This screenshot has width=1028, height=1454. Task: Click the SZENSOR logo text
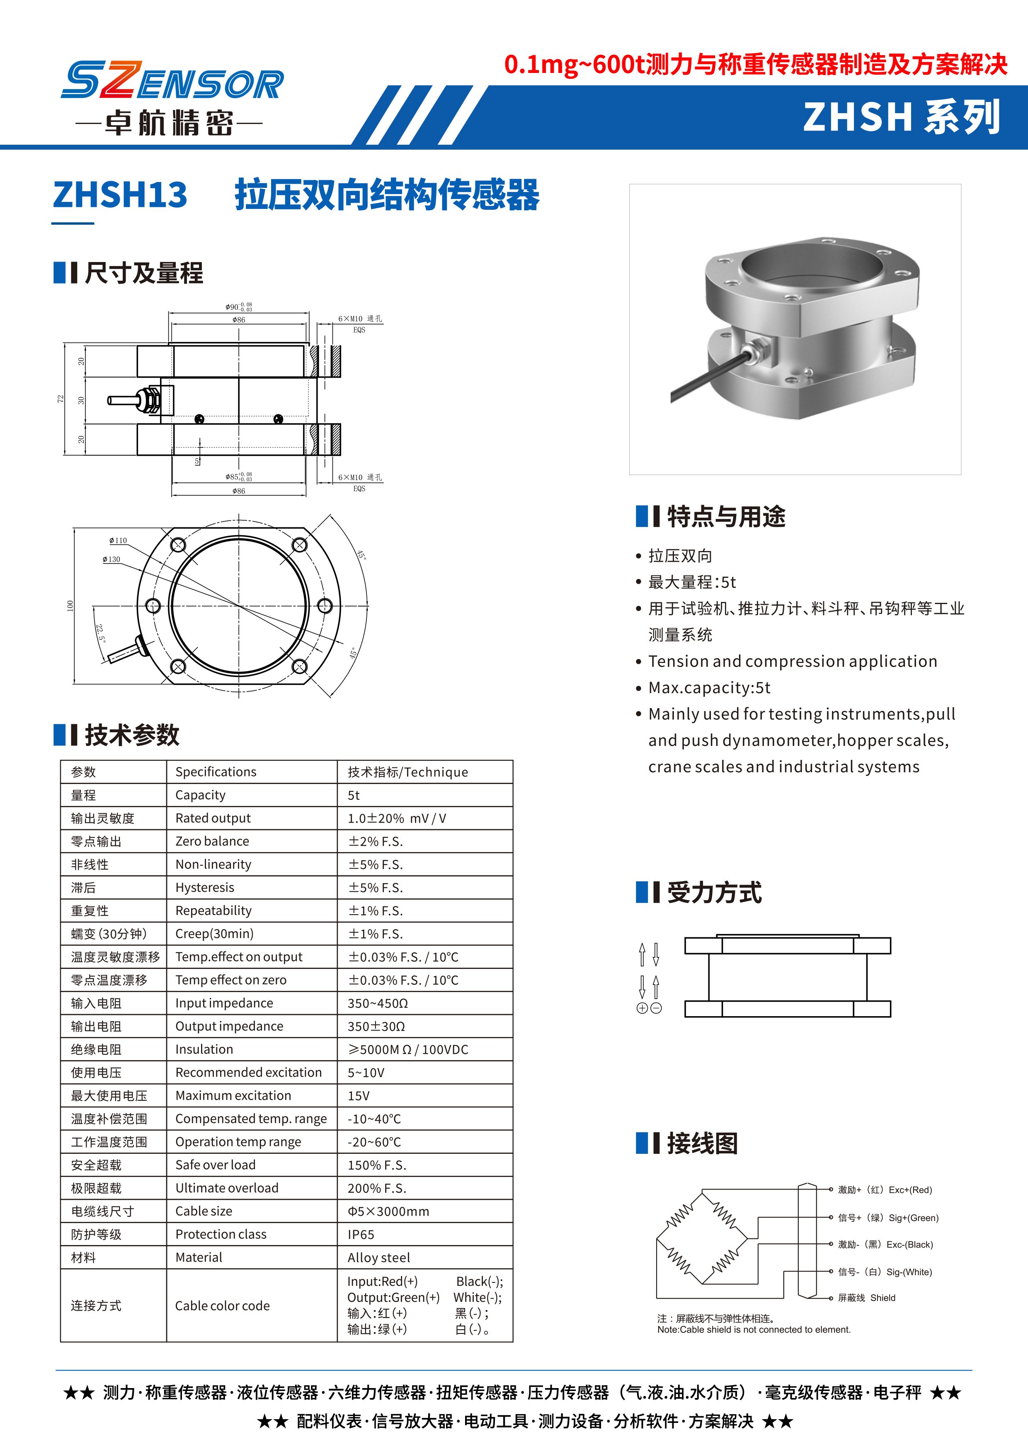172,81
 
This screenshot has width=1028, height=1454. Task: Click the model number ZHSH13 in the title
120,194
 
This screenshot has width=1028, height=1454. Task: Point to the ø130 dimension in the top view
112,559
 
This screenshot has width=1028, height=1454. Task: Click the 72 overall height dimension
61,399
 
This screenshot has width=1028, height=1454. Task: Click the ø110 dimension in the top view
118,540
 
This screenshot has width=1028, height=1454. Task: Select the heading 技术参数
132,735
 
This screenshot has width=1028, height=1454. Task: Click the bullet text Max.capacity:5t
709,688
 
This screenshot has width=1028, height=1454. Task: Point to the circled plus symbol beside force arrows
642,1008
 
